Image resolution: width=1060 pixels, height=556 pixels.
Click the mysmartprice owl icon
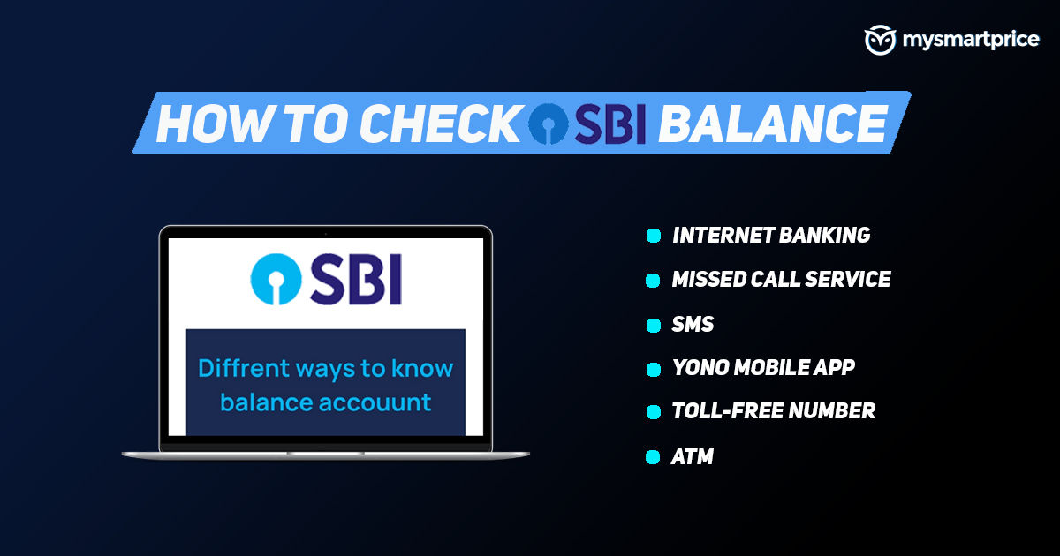(x=880, y=41)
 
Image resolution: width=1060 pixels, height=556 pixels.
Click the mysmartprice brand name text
(x=971, y=40)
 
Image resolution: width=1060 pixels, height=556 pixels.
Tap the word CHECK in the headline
(x=439, y=124)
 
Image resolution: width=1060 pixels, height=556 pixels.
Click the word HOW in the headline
(x=216, y=124)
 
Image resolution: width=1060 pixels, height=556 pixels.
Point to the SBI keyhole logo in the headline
(x=548, y=124)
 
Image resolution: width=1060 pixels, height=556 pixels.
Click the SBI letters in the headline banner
(x=610, y=124)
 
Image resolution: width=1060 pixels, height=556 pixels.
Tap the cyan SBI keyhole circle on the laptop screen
(x=276, y=279)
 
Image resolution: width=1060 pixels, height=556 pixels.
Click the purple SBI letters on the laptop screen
(x=356, y=279)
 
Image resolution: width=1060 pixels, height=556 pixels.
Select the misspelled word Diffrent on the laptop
(x=244, y=368)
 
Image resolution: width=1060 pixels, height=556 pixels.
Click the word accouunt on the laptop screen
(x=375, y=403)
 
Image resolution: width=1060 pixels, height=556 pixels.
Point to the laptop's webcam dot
(x=326, y=234)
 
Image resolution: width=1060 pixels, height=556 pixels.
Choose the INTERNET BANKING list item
(x=771, y=235)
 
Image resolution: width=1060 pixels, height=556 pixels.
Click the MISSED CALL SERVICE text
(x=781, y=279)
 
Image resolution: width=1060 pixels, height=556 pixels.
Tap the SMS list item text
(x=693, y=325)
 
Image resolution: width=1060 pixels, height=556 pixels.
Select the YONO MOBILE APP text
(x=764, y=367)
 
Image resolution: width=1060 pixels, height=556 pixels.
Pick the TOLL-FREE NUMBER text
(x=774, y=410)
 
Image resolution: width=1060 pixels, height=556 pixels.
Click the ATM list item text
(x=693, y=457)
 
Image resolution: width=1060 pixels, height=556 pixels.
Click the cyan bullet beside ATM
(x=653, y=457)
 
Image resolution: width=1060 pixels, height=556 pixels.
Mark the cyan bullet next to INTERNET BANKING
(x=654, y=236)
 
